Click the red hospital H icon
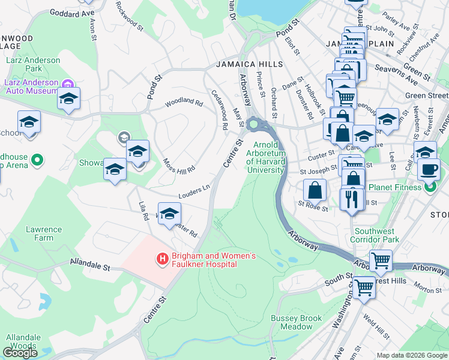click(x=161, y=259)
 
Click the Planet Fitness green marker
click(x=430, y=188)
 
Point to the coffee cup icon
click(x=429, y=169)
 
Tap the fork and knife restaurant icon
click(x=352, y=199)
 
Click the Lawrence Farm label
click(x=44, y=233)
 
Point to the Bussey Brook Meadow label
click(x=292, y=322)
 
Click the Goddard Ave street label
click(x=73, y=12)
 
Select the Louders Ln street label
click(x=193, y=192)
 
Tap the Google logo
click(x=20, y=353)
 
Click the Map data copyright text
click(x=412, y=355)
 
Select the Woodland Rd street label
click(x=184, y=101)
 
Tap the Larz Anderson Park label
click(x=33, y=64)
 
